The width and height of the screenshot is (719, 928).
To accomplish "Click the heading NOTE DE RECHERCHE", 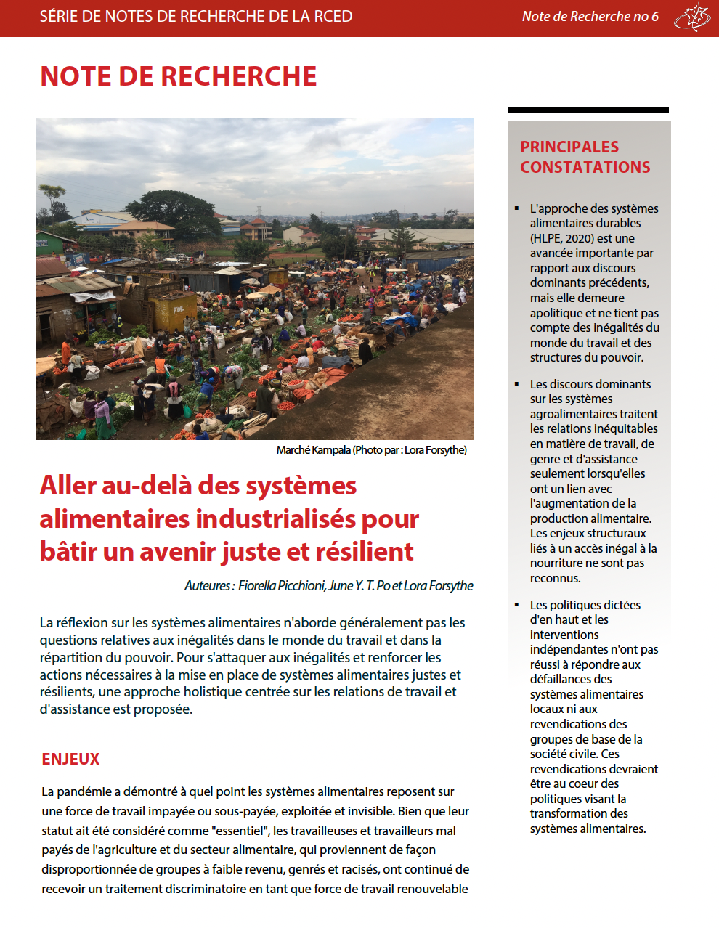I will (x=178, y=76).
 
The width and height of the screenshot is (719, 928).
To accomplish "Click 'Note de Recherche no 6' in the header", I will (x=590, y=17).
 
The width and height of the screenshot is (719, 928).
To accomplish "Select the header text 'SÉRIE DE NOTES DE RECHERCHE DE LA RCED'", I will (x=196, y=17).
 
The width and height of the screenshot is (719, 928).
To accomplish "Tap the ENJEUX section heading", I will (x=70, y=760).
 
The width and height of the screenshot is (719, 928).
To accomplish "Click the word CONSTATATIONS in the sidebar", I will (x=585, y=167).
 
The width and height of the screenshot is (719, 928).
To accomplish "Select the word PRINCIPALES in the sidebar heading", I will (x=569, y=147).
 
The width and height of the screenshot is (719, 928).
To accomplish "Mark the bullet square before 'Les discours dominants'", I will (x=517, y=384).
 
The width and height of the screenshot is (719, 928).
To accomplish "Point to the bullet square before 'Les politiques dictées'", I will (x=517, y=605).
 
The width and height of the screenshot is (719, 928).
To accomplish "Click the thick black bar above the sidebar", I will (x=588, y=110).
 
